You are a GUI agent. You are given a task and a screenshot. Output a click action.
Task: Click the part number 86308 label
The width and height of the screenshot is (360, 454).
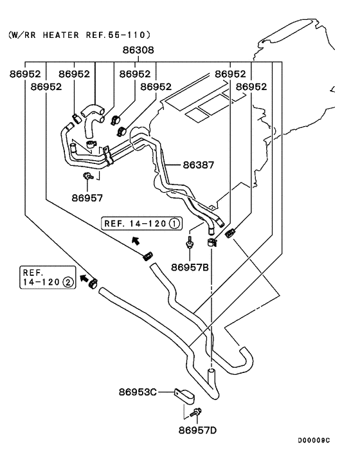(139, 50)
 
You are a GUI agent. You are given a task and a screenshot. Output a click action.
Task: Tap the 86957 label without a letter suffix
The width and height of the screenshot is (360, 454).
(87, 197)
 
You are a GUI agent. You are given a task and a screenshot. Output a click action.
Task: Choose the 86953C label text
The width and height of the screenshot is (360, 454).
(138, 392)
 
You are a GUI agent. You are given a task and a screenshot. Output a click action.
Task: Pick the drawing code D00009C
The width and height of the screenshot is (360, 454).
(313, 440)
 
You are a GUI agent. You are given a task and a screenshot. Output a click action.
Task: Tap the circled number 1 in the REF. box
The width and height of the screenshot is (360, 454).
(174, 224)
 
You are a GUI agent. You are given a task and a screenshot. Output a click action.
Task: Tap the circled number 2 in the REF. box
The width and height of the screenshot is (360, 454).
(66, 281)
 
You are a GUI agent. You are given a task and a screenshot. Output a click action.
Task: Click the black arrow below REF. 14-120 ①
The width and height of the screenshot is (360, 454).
(135, 241)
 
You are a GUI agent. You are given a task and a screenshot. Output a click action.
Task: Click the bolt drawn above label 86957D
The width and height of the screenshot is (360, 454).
(198, 411)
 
